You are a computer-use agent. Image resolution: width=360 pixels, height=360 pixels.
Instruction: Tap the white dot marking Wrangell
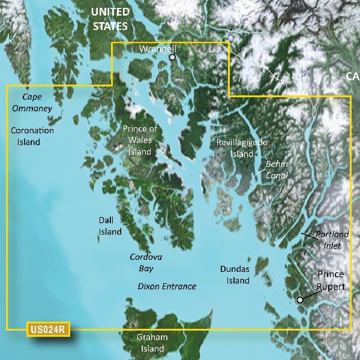coord(173,58)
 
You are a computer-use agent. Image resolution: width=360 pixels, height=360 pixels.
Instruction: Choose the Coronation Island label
coord(32,136)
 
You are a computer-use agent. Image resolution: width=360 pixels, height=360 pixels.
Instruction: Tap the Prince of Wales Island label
coord(140,140)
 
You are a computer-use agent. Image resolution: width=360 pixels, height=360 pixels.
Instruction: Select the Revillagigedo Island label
coord(242,148)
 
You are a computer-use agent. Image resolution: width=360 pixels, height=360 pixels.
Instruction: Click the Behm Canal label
coord(276,169)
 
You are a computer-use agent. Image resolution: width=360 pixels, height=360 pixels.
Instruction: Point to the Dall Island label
coord(110,226)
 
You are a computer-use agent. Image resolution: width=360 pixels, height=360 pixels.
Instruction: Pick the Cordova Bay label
coord(146,263)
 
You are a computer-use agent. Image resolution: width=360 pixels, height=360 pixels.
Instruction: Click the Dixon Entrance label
coord(167,286)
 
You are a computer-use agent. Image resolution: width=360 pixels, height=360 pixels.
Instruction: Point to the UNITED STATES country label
coord(109,19)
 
